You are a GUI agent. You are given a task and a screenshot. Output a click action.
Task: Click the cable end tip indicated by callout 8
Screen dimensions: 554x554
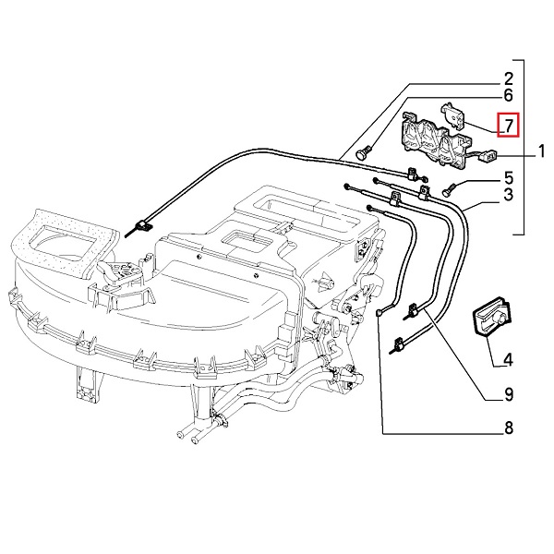tap(380, 315)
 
